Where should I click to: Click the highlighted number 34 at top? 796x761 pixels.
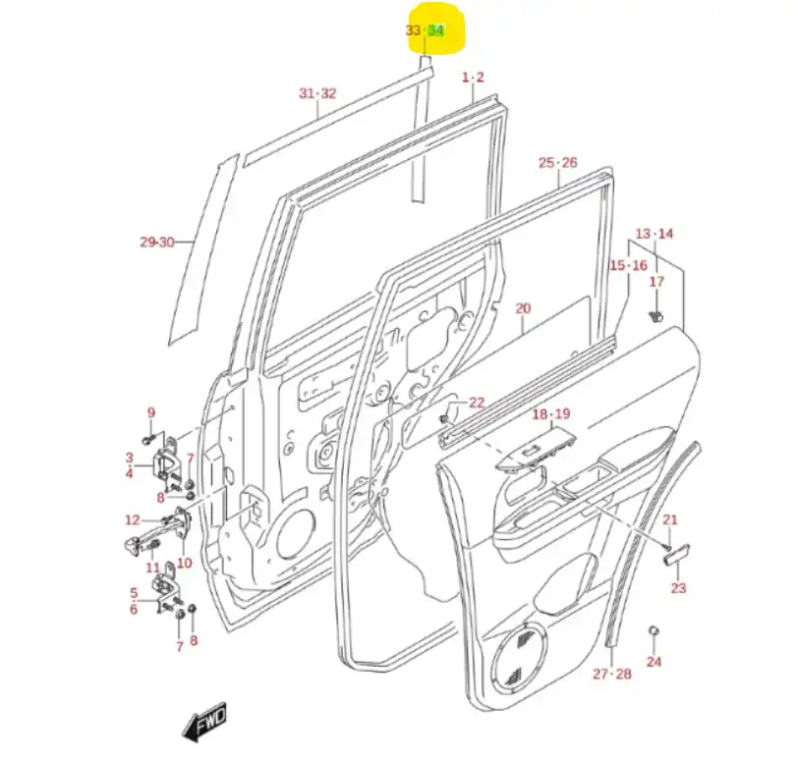point(437,30)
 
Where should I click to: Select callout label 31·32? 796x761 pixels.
point(317,93)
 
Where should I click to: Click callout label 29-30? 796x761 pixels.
point(156,242)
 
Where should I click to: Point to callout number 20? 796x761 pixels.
point(523,308)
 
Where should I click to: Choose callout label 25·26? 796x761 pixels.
point(557,162)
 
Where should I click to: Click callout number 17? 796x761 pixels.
point(657,282)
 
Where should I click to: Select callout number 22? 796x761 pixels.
point(477,402)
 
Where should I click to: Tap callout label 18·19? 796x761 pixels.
point(551,414)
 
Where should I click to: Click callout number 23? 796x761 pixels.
point(678,588)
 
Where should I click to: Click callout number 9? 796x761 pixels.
point(151,411)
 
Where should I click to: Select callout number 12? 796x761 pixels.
point(133,519)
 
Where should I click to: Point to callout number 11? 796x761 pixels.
point(152,568)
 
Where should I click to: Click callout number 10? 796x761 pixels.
point(184,564)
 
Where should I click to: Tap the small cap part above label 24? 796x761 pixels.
point(653,628)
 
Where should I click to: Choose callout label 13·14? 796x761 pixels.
point(654,234)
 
